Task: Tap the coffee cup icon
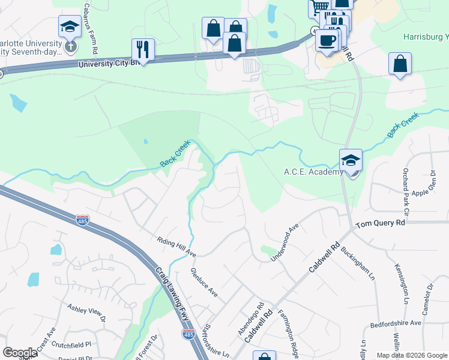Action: click(327, 40)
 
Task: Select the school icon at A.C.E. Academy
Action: click(351, 160)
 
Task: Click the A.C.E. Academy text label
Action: click(313, 172)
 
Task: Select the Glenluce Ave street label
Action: click(204, 282)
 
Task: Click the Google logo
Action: click(20, 353)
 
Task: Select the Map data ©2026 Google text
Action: click(411, 355)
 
